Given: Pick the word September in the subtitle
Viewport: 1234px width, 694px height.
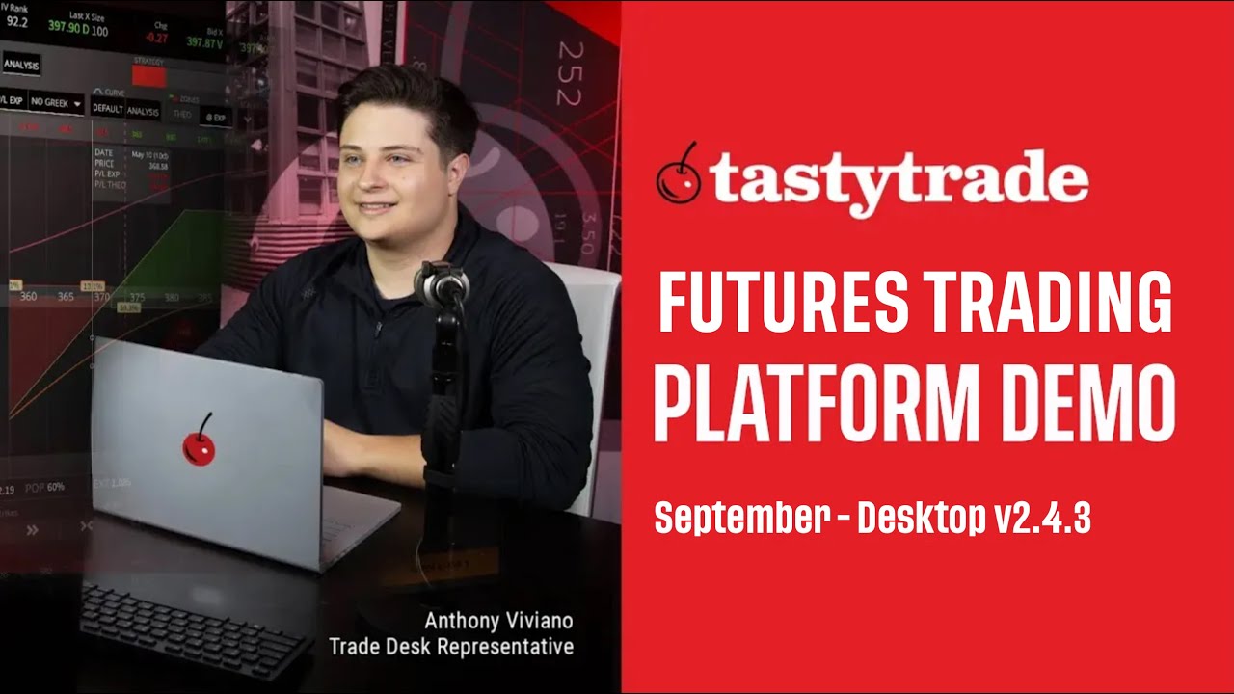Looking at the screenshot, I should (741, 518).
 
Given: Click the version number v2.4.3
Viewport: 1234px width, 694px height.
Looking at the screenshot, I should (1042, 518).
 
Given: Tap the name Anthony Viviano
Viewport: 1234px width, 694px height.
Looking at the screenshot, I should (498, 620).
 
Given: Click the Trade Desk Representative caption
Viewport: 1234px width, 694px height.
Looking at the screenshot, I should (451, 646).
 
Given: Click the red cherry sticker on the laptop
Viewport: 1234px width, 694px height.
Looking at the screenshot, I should (199, 444).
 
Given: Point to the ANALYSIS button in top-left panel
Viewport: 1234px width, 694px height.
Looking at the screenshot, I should (21, 65).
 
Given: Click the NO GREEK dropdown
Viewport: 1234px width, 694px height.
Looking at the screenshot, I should (56, 101).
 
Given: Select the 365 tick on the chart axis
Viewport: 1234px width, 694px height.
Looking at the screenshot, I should (66, 296).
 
